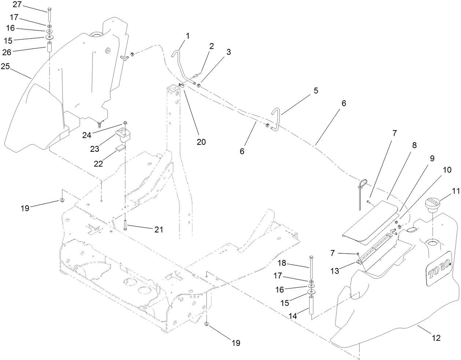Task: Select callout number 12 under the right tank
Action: tap(436, 338)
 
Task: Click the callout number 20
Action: tap(201, 142)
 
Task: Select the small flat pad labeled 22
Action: tap(119, 148)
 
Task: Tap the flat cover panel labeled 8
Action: tap(370, 220)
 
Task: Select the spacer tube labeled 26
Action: tap(50, 48)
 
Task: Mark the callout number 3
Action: tap(229, 52)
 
